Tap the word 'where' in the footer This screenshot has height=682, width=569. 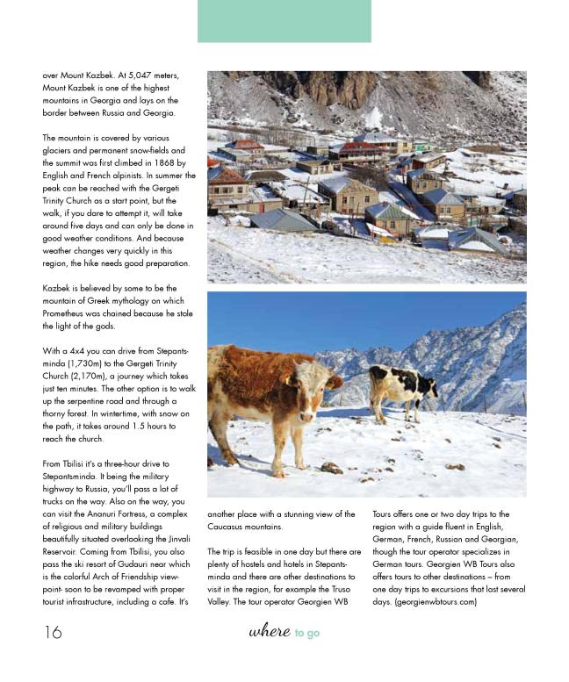click(x=269, y=632)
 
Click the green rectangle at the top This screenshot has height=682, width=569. click(x=284, y=21)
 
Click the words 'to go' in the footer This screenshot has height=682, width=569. click(x=307, y=633)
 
